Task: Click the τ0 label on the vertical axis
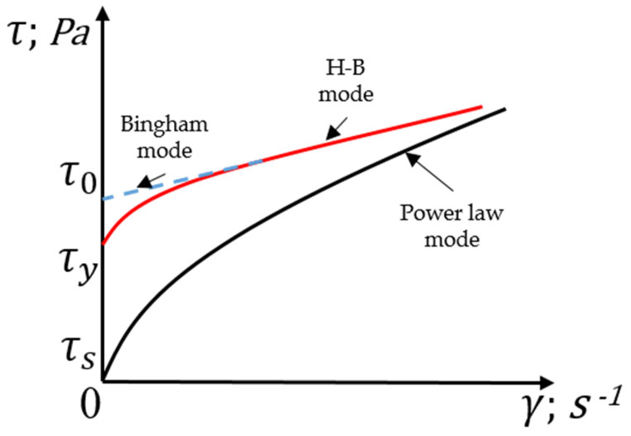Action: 78,177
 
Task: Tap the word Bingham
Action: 164,124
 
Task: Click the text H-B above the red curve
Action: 345,68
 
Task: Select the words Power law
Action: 451,213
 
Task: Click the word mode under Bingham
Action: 164,151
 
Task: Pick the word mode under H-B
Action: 345,94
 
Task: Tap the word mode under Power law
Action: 452,239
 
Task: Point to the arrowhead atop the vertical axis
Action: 103,12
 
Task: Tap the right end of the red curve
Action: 481,106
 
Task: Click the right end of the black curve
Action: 505,109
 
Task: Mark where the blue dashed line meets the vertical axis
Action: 104,199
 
